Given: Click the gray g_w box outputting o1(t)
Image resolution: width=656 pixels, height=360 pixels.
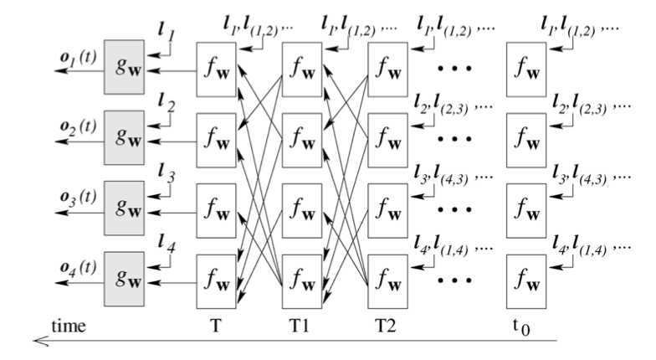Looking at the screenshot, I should pyautogui.click(x=124, y=66).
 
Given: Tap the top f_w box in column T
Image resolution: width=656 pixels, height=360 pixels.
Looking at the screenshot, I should pyautogui.click(x=216, y=66).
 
